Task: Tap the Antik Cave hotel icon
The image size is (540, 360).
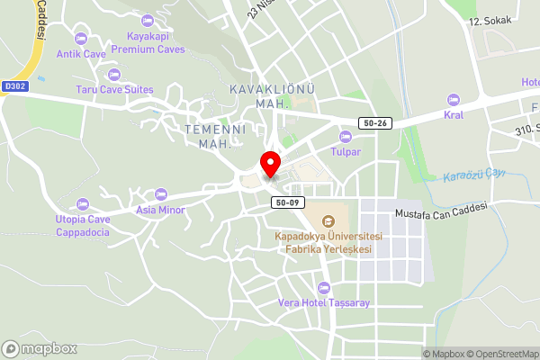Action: coord(82,39)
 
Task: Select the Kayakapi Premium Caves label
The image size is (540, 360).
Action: coord(148,42)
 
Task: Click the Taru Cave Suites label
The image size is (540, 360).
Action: coord(114,89)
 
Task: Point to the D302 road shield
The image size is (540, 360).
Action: coord(15,86)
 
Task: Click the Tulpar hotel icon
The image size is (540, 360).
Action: coord(345,136)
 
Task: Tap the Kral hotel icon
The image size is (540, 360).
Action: coord(453,99)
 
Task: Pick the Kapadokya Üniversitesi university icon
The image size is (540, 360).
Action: coord(328,220)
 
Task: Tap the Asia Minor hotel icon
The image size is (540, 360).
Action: coord(161,194)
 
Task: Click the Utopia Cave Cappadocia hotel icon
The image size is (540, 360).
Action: coord(83,204)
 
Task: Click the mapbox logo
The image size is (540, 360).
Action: coord(40,348)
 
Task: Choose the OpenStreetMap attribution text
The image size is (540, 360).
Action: coord(495,353)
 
